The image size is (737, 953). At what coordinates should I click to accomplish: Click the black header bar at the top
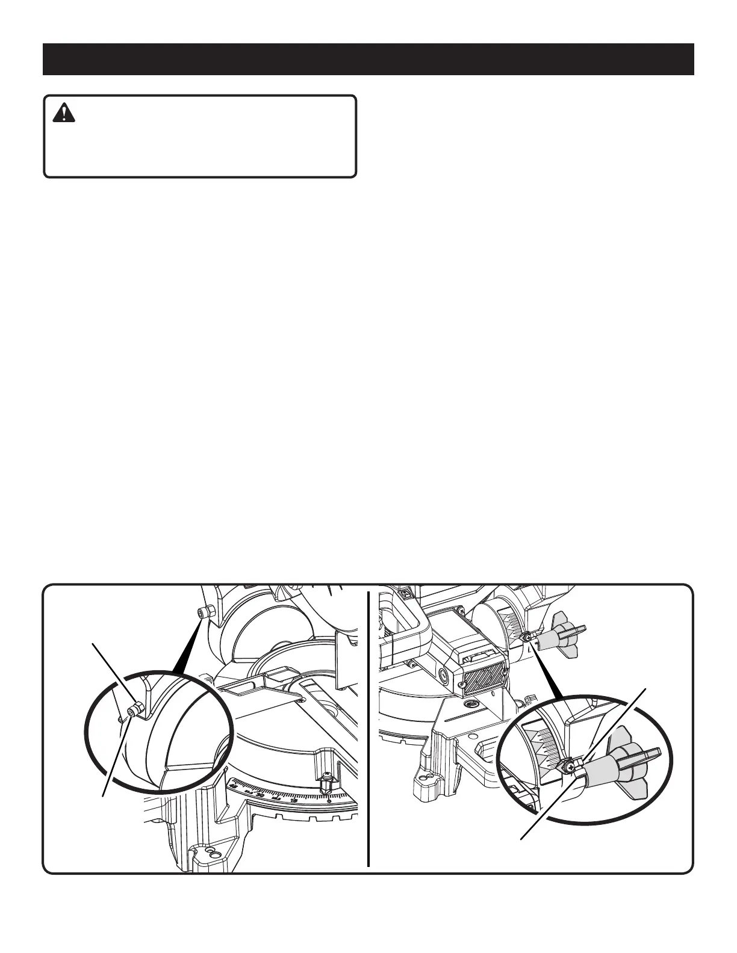coord(368,59)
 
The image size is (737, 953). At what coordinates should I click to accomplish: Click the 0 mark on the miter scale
coord(328,801)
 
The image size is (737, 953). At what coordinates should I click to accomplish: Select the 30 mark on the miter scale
coord(261,795)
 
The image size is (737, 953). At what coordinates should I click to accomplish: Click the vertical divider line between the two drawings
coord(368,728)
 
